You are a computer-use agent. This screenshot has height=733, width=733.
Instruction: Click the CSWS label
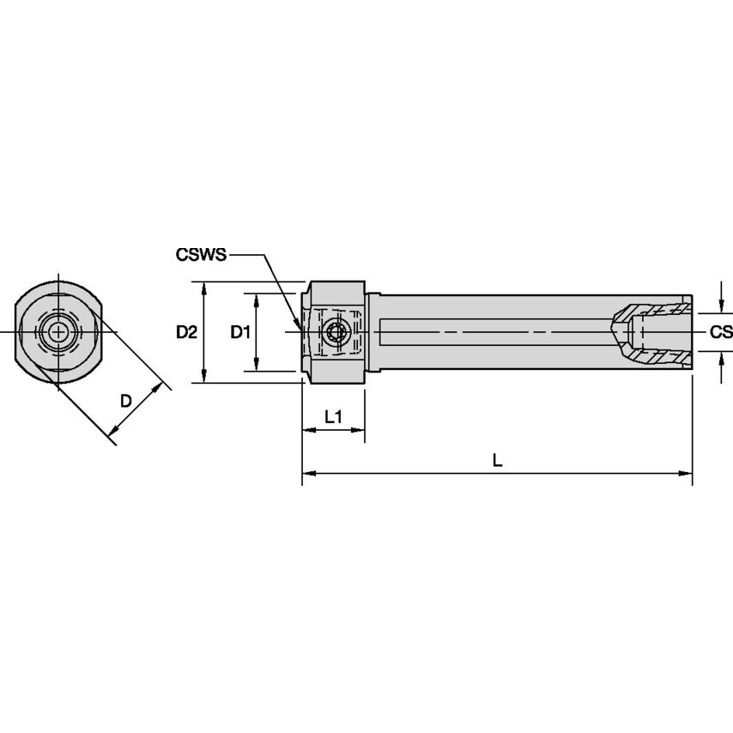[x=201, y=255]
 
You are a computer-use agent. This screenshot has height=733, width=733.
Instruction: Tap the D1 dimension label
[x=240, y=332]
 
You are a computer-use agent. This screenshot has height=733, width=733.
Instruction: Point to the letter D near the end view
[x=125, y=401]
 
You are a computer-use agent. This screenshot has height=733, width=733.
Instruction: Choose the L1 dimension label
[x=333, y=416]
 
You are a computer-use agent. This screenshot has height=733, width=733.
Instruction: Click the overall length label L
[x=497, y=460]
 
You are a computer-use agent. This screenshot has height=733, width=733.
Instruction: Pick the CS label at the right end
[x=721, y=332]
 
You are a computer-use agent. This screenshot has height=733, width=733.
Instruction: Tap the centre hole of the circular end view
[x=57, y=331]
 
